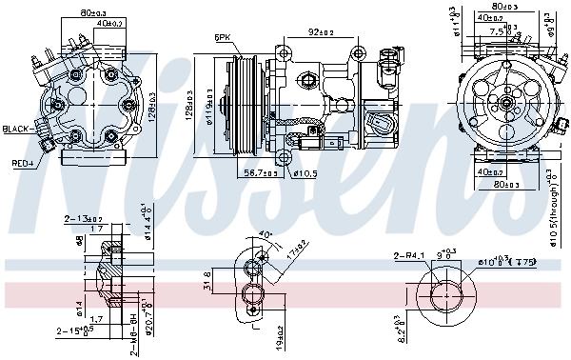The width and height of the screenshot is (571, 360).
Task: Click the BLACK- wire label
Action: point(17,129)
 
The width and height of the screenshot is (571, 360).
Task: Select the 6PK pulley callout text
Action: point(222,37)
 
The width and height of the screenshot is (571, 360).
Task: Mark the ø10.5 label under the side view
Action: point(305,173)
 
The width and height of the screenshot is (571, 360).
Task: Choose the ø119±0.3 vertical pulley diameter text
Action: point(211,101)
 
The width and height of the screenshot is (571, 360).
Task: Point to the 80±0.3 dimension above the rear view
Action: point(92,13)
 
